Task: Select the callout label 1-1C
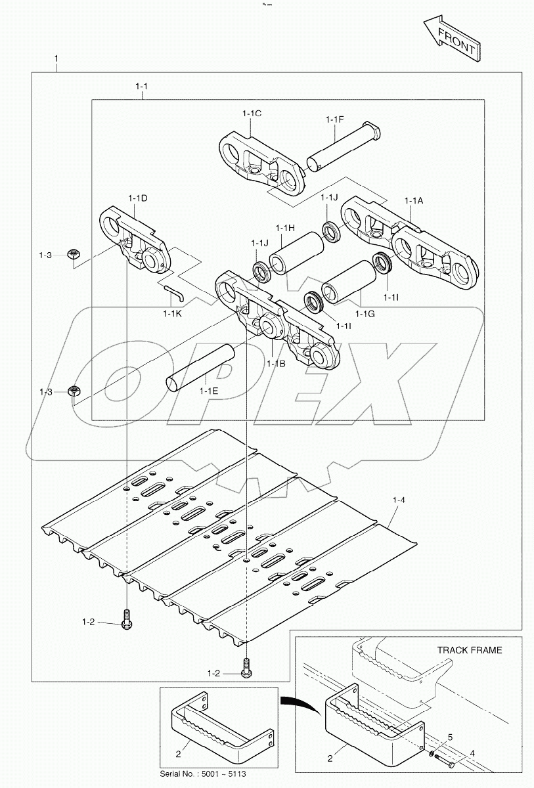coord(251,114)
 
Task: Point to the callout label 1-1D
coord(137,198)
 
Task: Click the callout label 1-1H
coord(284,228)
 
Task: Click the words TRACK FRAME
coord(469,650)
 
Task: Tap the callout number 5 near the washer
coord(450,735)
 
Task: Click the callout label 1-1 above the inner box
coord(141,86)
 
